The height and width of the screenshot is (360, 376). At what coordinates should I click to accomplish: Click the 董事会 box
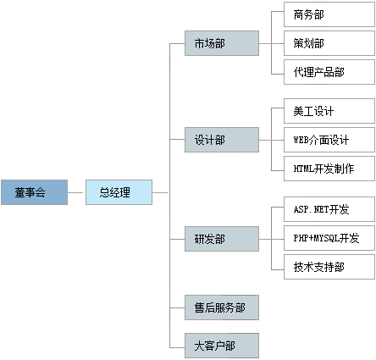click(34, 192)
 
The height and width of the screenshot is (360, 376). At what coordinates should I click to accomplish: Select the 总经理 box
click(119, 192)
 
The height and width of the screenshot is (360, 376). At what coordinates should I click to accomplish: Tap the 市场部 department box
click(222, 43)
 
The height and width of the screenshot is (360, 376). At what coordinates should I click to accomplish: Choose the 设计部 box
click(222, 140)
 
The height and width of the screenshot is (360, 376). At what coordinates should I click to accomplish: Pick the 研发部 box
click(222, 239)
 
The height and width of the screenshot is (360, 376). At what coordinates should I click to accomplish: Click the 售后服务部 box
click(222, 307)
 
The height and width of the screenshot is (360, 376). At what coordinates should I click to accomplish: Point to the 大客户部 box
click(222, 346)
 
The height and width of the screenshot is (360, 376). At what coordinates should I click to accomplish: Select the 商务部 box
click(329, 14)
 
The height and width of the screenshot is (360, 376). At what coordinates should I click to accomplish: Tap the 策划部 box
click(329, 43)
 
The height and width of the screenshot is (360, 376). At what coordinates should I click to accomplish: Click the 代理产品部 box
click(329, 72)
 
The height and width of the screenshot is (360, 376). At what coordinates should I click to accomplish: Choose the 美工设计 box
click(329, 111)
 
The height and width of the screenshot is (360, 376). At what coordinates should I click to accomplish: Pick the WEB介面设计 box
click(329, 140)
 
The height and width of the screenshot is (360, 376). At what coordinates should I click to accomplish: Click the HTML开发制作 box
click(329, 169)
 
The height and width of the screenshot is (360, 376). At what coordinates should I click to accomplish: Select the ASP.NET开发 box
click(329, 209)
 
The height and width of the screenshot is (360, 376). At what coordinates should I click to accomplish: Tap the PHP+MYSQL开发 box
click(329, 238)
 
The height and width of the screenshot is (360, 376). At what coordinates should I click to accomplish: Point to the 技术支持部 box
click(329, 267)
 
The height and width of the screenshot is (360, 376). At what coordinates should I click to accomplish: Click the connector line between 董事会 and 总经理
click(75, 192)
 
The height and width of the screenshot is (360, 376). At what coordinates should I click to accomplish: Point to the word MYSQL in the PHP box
click(326, 238)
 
